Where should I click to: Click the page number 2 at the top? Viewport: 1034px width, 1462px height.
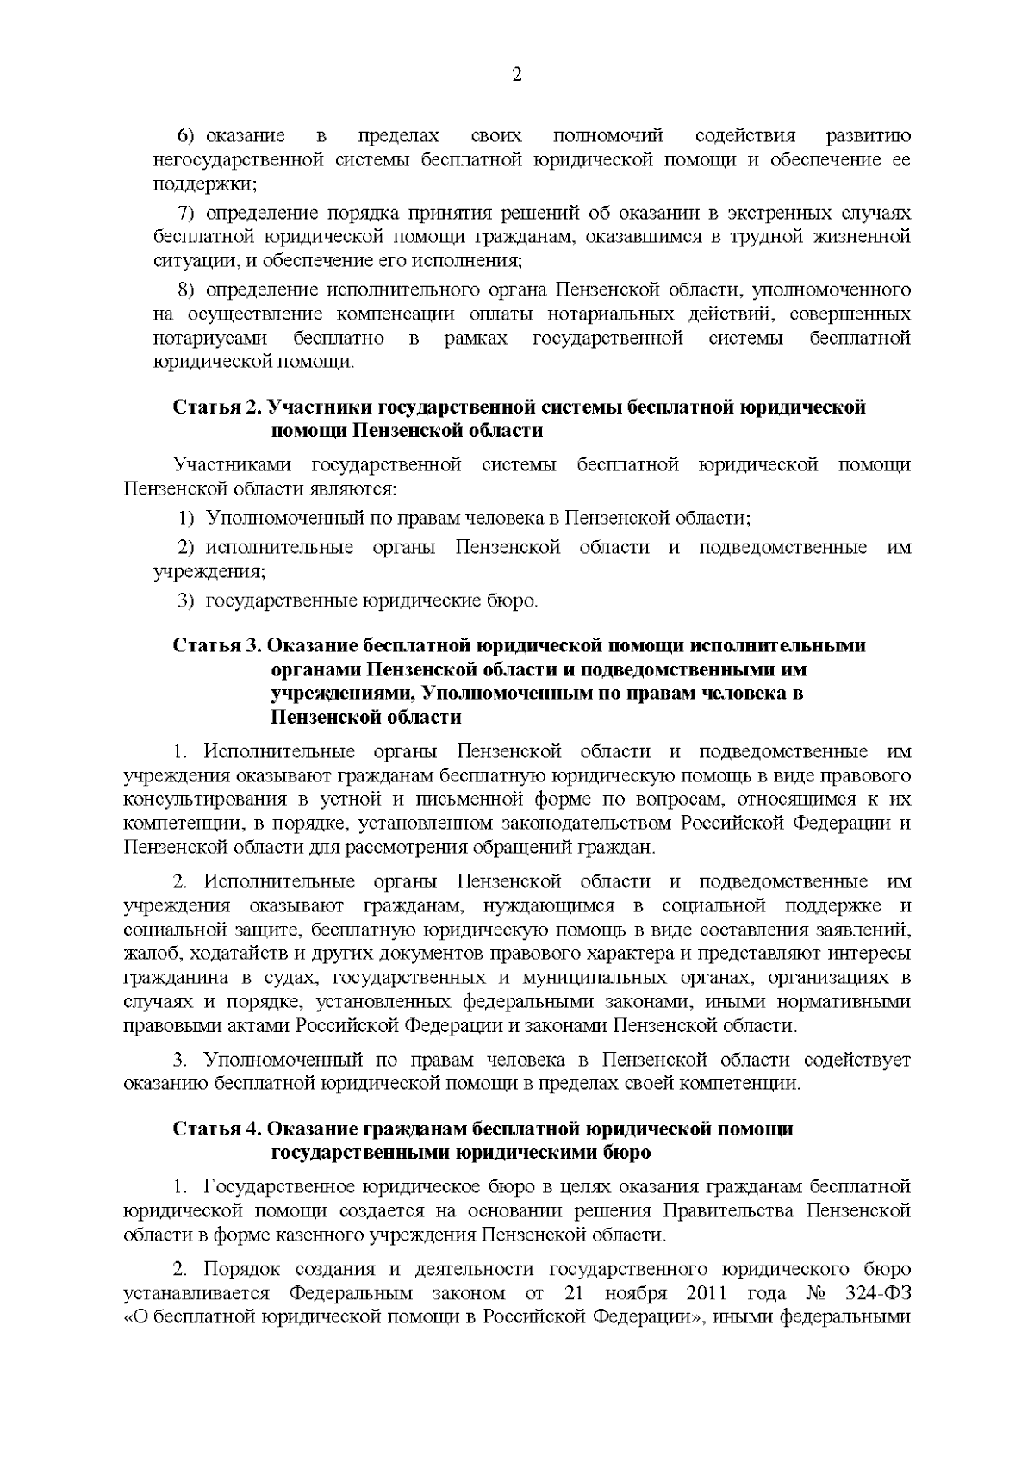pyautogui.click(x=517, y=75)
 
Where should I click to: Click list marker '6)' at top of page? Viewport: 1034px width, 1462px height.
pyautogui.click(x=187, y=137)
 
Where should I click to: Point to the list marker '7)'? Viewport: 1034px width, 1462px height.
pyautogui.click(x=187, y=213)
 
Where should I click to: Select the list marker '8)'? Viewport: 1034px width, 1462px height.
pyautogui.click(x=187, y=289)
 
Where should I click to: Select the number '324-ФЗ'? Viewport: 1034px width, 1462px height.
pyautogui.click(x=879, y=1294)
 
